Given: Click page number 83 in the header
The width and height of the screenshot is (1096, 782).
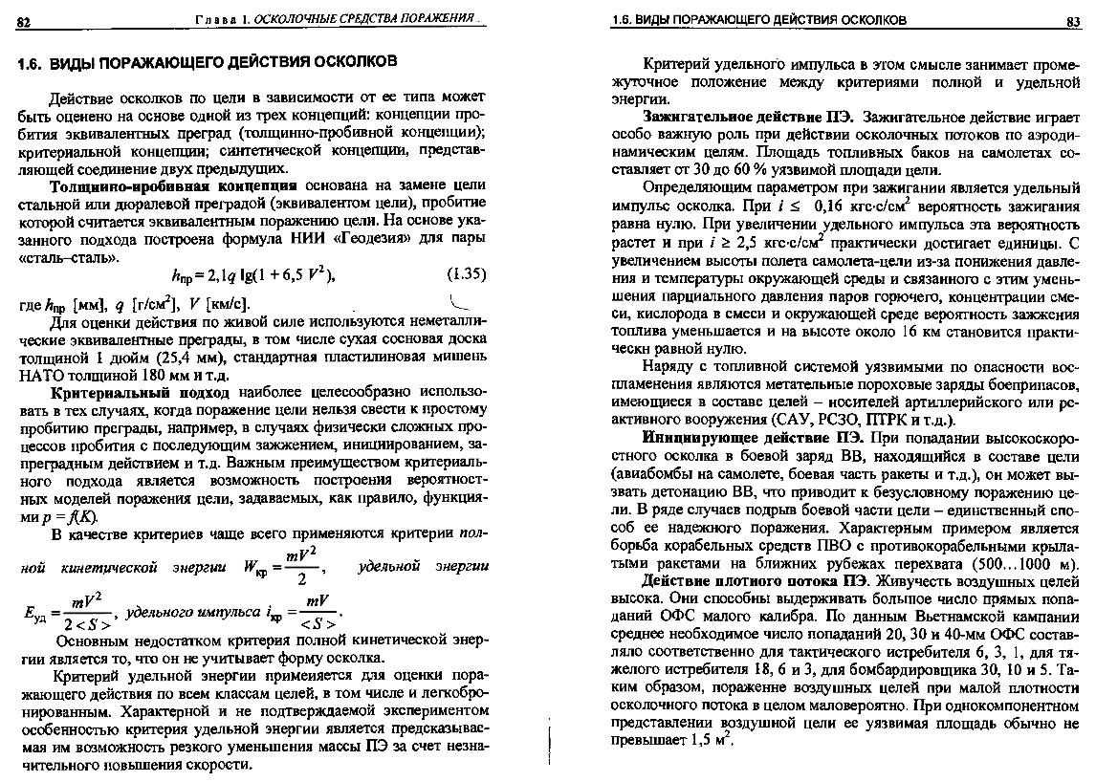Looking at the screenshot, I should tap(1072, 21).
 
